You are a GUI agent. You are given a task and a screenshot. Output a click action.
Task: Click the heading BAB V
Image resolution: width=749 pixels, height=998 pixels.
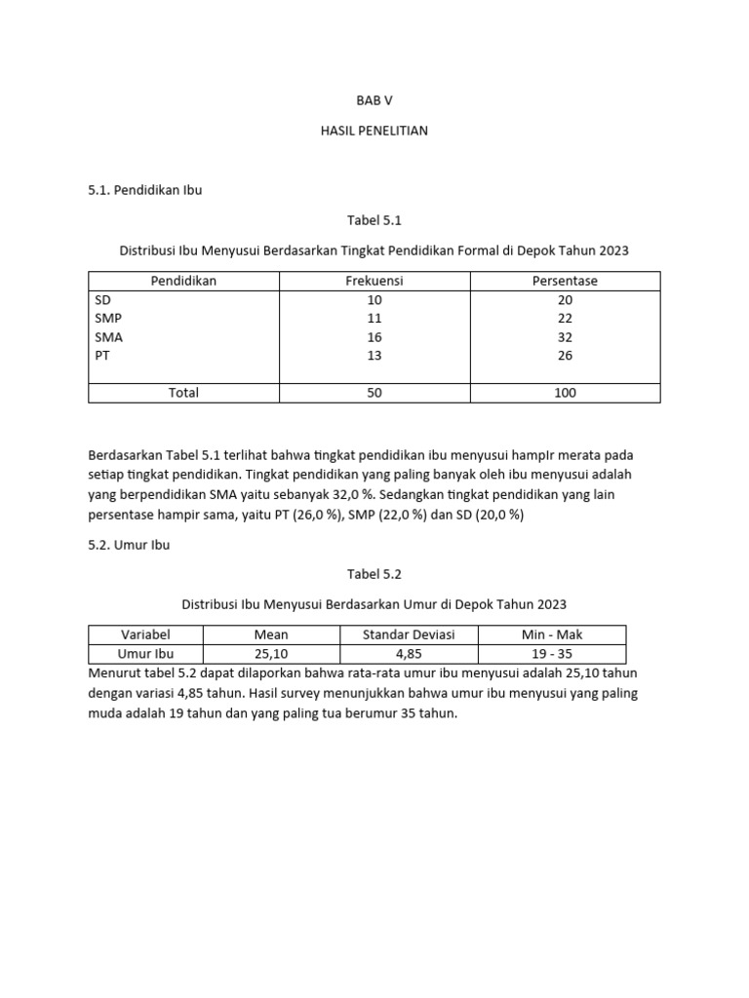click(x=374, y=100)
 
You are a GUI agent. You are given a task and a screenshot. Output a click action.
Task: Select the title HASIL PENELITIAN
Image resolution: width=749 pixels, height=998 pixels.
click(x=374, y=131)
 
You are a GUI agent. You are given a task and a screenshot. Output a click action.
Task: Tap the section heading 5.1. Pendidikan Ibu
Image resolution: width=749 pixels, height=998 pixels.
click(x=145, y=190)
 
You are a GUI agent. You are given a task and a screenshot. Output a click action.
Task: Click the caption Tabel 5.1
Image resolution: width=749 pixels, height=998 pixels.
click(x=374, y=220)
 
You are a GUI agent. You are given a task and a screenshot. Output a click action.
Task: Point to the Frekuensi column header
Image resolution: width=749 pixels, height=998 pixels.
click(x=374, y=281)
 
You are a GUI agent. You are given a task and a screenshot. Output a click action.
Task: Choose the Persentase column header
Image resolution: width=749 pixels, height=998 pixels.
click(x=565, y=281)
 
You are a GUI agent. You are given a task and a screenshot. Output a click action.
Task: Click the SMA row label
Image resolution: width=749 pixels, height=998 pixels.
click(x=108, y=337)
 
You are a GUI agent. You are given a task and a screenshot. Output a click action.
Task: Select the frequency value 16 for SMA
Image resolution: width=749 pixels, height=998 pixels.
click(x=374, y=337)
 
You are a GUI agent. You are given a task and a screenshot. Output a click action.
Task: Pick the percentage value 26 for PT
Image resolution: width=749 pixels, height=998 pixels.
click(x=565, y=356)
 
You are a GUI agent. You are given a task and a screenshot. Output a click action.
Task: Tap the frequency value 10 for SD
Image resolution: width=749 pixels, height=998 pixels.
click(x=374, y=300)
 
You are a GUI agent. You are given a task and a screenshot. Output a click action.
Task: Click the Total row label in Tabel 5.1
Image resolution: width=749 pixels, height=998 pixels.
click(x=183, y=393)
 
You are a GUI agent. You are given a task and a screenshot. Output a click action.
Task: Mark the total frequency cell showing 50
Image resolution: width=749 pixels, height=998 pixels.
click(x=374, y=393)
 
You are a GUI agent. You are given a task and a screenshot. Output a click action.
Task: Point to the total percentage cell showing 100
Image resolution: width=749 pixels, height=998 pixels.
click(x=565, y=393)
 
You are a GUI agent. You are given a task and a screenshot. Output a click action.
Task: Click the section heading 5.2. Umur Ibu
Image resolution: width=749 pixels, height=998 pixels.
click(x=129, y=545)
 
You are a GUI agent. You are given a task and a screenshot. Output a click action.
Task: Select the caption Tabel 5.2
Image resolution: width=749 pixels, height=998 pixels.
click(x=374, y=575)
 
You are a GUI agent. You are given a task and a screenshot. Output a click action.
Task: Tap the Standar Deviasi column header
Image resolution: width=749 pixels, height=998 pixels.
click(x=409, y=635)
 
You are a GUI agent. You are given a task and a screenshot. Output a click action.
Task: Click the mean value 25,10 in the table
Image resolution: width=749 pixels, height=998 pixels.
click(x=271, y=654)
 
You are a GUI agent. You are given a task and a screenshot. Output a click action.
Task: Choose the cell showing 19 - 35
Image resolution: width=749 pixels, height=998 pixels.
click(x=552, y=654)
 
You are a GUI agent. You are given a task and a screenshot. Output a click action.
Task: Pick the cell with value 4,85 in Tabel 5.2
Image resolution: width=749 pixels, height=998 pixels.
click(x=409, y=654)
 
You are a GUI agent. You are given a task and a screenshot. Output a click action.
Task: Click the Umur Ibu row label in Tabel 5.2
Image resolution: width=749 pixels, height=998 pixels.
click(x=145, y=654)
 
